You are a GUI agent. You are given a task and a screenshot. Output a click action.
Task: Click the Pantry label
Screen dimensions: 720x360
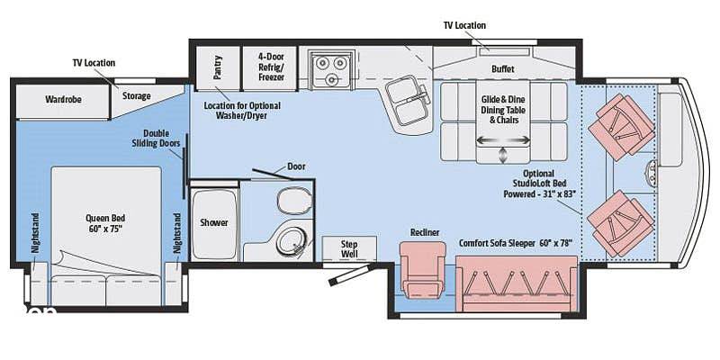[218, 67]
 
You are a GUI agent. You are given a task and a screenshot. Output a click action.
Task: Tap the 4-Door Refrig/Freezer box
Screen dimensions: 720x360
[271, 68]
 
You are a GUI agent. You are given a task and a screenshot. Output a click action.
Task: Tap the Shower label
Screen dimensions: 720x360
[214, 222]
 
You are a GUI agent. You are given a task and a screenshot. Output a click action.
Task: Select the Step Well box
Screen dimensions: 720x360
[349, 249]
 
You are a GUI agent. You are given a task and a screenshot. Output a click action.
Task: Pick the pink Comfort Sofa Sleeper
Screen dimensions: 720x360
[517, 283]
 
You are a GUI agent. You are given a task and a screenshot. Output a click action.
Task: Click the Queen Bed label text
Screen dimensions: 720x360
[105, 223]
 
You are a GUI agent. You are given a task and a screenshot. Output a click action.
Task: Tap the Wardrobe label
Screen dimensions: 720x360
[63, 99]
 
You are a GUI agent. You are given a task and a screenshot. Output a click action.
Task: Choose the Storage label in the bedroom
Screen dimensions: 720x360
[137, 96]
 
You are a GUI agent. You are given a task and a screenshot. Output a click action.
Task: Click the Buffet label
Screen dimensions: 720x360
[503, 69]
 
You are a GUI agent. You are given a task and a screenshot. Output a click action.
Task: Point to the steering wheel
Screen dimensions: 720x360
[652, 170]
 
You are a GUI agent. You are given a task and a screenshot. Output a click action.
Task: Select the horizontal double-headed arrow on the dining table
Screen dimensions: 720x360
[503, 140]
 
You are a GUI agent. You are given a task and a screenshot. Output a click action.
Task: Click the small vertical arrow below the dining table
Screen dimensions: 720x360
[503, 155]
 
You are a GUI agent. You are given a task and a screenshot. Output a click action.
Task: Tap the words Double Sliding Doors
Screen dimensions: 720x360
[156, 139]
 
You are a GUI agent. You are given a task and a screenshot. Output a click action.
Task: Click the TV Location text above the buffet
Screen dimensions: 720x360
[464, 25]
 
